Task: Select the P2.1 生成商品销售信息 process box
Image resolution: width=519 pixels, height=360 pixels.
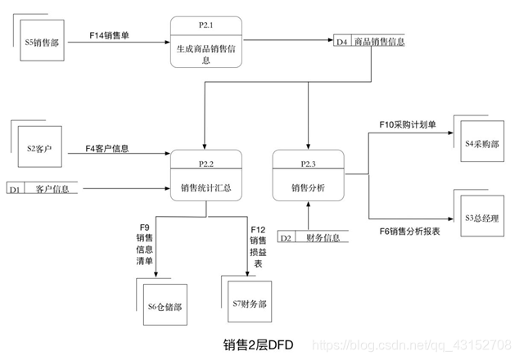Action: coord(206,43)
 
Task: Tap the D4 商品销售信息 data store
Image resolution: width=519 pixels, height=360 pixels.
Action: coord(370,42)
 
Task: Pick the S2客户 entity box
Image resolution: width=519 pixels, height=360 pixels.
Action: coord(40,149)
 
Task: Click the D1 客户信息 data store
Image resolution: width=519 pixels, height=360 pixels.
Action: coord(45,189)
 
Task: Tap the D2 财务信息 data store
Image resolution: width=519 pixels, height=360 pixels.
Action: coord(314,238)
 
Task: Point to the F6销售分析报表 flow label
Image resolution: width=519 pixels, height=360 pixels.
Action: coord(410,232)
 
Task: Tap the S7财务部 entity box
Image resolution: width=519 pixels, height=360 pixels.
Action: coord(248,304)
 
